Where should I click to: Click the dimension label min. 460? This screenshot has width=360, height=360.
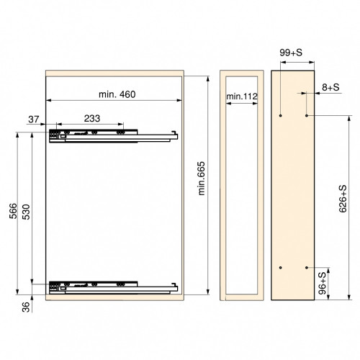click(x=116, y=94)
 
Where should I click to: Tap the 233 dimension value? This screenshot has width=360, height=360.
click(x=91, y=118)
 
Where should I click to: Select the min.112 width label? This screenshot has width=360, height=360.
click(x=241, y=96)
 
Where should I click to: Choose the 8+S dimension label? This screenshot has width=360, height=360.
click(x=331, y=87)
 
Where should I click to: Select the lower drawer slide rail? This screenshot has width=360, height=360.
click(x=112, y=286)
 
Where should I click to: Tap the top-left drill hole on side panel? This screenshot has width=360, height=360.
click(x=281, y=114)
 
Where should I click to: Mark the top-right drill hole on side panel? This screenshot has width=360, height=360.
click(x=307, y=114)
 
